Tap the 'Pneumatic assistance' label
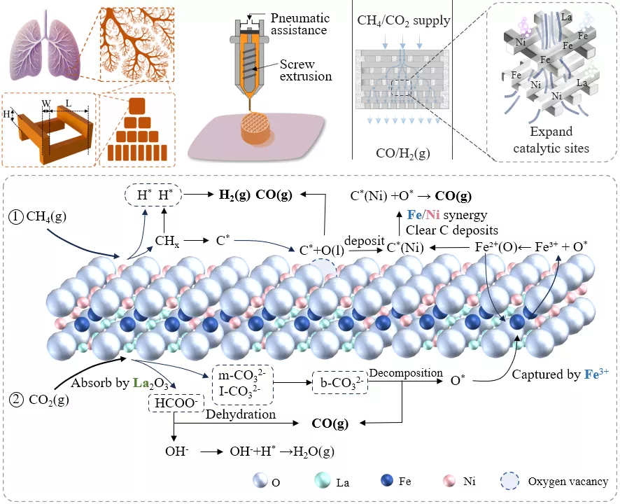[300, 24]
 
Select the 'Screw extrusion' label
[305, 70]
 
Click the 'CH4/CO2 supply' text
[404, 20]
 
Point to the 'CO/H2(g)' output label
[403, 153]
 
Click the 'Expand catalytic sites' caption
[551, 139]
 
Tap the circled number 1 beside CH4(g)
[16, 217]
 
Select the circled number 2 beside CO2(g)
[17, 400]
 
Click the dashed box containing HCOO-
[176, 402]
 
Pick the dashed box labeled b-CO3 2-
[340, 382]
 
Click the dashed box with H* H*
[153, 195]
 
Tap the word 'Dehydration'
[241, 414]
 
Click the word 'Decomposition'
[406, 373]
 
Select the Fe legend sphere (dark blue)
[387, 480]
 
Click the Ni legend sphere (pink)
[450, 481]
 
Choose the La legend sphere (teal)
[323, 480]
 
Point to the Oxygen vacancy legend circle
[510, 481]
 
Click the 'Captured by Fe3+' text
[561, 374]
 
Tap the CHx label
[167, 241]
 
